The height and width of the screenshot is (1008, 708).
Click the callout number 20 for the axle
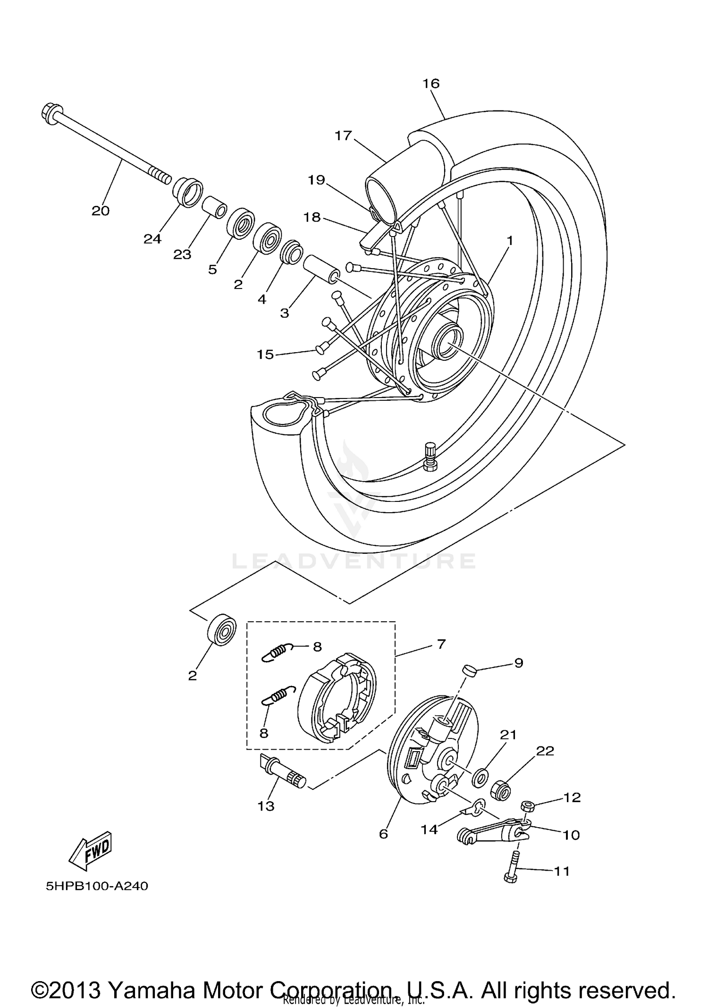pos(100,211)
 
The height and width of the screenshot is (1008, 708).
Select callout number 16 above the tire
pos(430,84)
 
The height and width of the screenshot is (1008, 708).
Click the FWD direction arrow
pos(90,850)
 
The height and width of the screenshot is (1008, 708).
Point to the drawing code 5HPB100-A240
pos(97,886)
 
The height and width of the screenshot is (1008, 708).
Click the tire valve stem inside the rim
pos(430,456)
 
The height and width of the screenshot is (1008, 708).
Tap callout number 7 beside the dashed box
pos(441,644)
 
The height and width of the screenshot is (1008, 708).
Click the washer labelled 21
pos(480,777)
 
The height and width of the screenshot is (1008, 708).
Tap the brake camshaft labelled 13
pos(282,771)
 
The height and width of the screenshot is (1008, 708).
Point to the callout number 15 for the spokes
pos(265,354)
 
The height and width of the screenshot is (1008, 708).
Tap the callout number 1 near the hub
pos(509,240)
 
